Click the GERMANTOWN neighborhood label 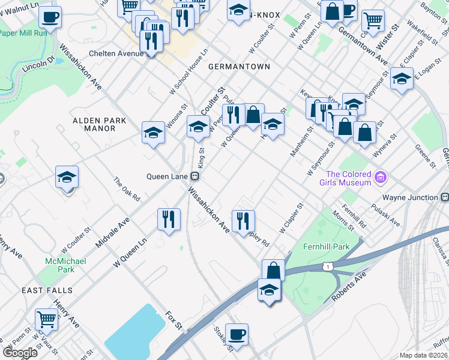click(239, 67)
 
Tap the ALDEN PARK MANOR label click(100, 124)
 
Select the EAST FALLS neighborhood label click(47, 290)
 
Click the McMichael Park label click(66, 265)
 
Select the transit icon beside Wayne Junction click(444, 197)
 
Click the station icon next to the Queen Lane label click(194, 176)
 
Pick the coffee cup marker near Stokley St click(237, 334)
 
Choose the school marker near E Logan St click(402, 79)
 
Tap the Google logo click(20, 353)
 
